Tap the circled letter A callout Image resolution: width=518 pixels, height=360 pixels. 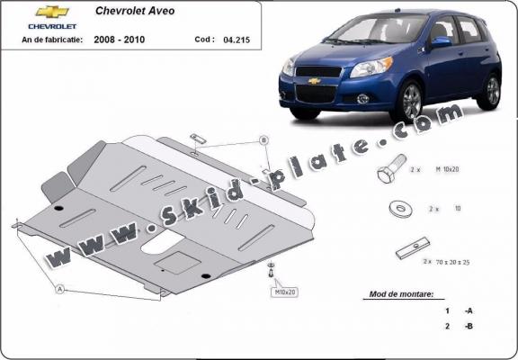(60, 290)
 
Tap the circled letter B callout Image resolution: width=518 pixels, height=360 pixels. (263, 139)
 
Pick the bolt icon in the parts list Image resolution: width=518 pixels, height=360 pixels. (394, 174)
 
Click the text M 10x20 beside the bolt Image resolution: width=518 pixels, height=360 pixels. (475, 169)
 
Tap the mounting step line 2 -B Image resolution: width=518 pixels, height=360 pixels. (459, 327)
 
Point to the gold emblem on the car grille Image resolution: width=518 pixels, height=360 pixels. (315, 81)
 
